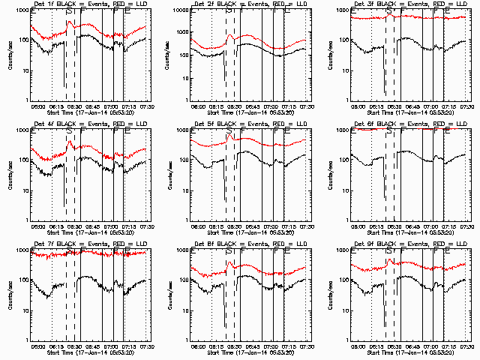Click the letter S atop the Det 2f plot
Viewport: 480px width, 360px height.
[229, 13]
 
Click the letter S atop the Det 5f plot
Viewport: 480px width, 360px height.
[229, 133]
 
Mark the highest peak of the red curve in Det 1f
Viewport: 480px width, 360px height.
[70, 22]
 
